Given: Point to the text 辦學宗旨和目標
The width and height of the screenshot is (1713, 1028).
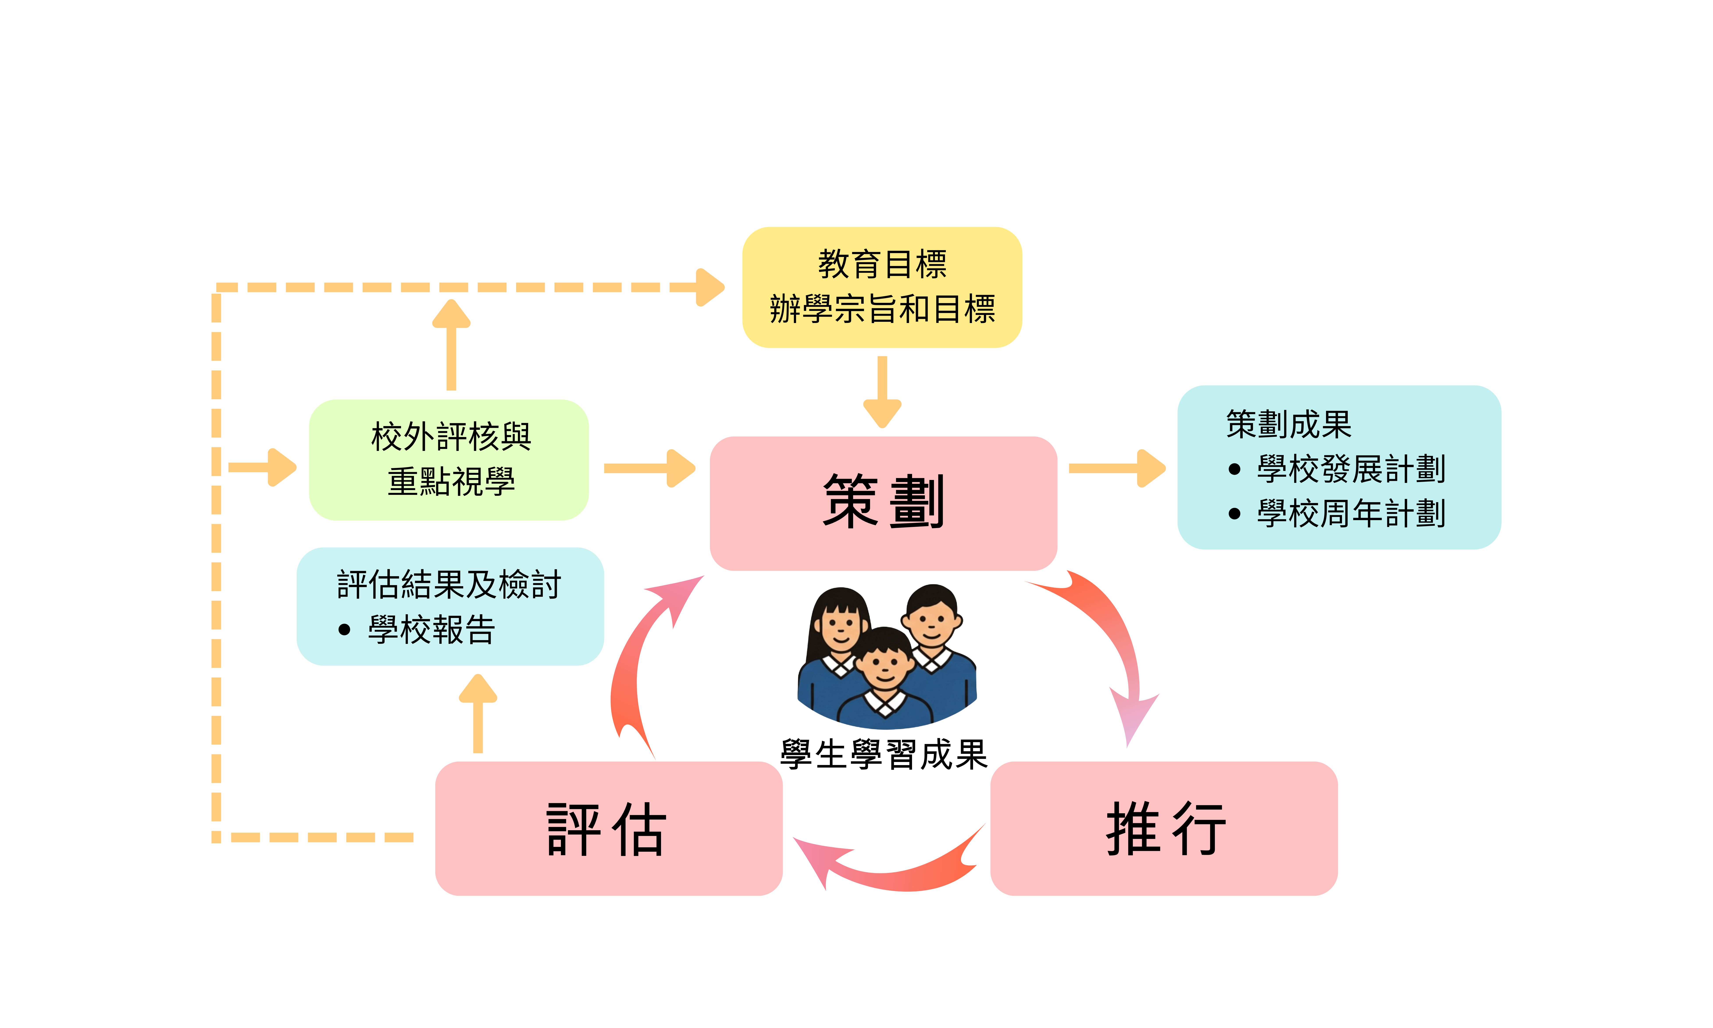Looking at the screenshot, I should pyautogui.click(x=882, y=309).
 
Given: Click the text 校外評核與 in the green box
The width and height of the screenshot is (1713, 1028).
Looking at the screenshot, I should pyautogui.click(x=451, y=437).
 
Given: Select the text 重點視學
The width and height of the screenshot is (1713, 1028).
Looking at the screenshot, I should pyautogui.click(x=451, y=482).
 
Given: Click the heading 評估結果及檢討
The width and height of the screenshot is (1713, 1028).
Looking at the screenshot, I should pyautogui.click(x=449, y=585).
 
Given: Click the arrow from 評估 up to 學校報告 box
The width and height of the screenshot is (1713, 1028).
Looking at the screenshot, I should pyautogui.click(x=478, y=714).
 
